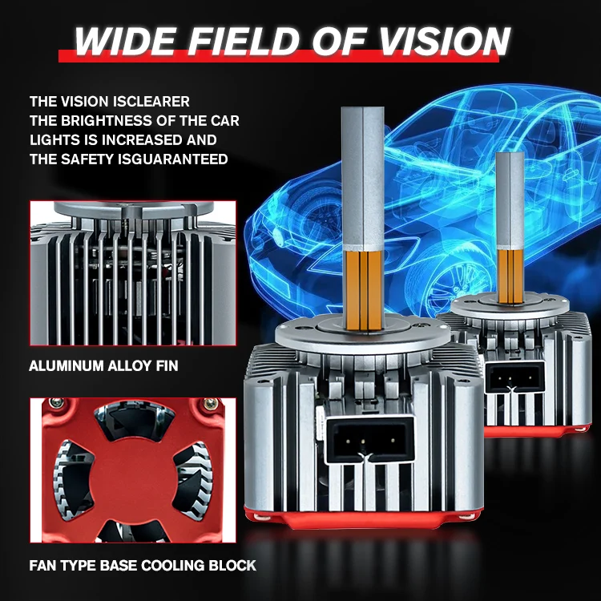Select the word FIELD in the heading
pyautogui.click(x=244, y=41)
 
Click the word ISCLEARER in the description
pyautogui.click(x=155, y=102)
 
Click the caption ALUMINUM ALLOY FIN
pyautogui.click(x=103, y=365)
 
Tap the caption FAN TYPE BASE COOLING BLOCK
pyautogui.click(x=143, y=566)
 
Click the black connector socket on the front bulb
pyautogui.click(x=369, y=439)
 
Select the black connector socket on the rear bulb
pyautogui.click(x=514, y=377)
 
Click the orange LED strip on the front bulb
pyautogui.click(x=363, y=290)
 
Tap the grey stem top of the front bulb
pyautogui.click(x=362, y=179)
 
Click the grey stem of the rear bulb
pyautogui.click(x=510, y=200)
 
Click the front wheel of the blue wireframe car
pyautogui.click(x=444, y=280)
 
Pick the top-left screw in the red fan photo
pyautogui.click(x=57, y=402)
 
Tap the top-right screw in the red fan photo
pyautogui.click(x=210, y=403)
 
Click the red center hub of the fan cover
pyautogui.click(x=132, y=472)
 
